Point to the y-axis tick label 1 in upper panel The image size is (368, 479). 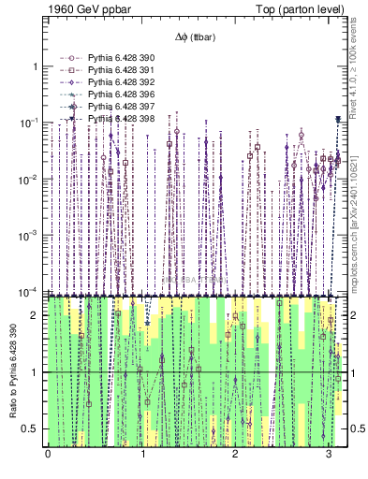point(35,66)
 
